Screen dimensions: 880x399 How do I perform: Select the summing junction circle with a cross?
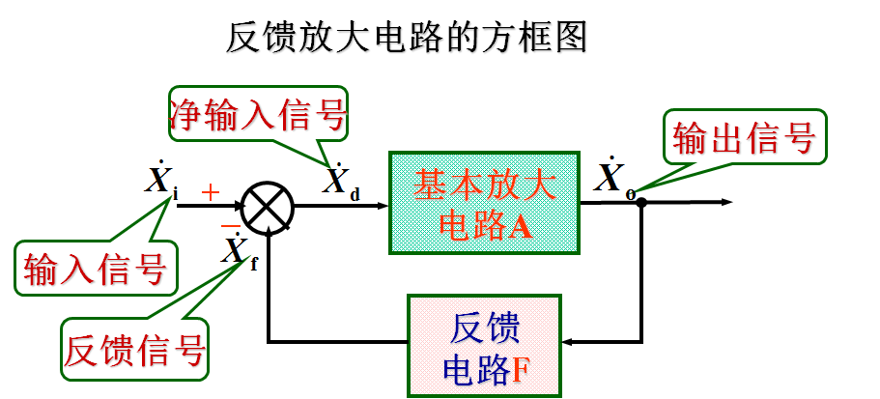[x=268, y=205]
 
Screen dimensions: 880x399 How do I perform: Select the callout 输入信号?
[x=94, y=267]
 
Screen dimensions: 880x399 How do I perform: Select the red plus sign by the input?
[x=211, y=193]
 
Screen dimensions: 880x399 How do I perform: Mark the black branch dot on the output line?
[x=640, y=203]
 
